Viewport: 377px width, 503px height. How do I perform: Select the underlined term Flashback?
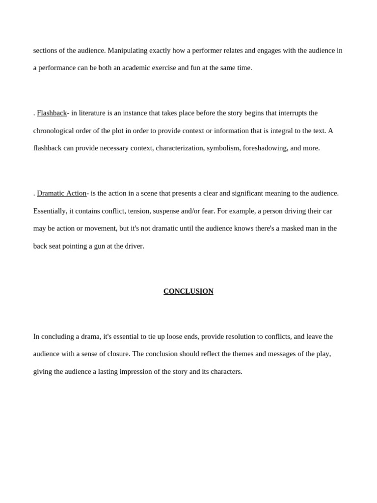[52, 113]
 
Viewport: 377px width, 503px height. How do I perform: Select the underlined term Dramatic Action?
[61, 194]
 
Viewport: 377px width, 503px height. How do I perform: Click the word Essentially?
[50, 211]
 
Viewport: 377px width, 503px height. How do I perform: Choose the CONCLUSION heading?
[188, 291]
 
